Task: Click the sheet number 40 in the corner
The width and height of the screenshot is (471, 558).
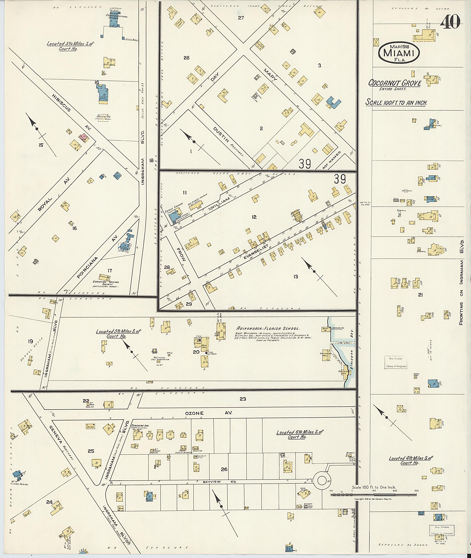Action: pos(450,22)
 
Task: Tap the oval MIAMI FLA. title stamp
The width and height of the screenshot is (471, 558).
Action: pos(399,53)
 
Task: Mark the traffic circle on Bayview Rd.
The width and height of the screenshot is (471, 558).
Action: pos(321,481)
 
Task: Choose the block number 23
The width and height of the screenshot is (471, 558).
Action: pos(243,399)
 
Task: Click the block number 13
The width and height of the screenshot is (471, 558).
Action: pos(296,277)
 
